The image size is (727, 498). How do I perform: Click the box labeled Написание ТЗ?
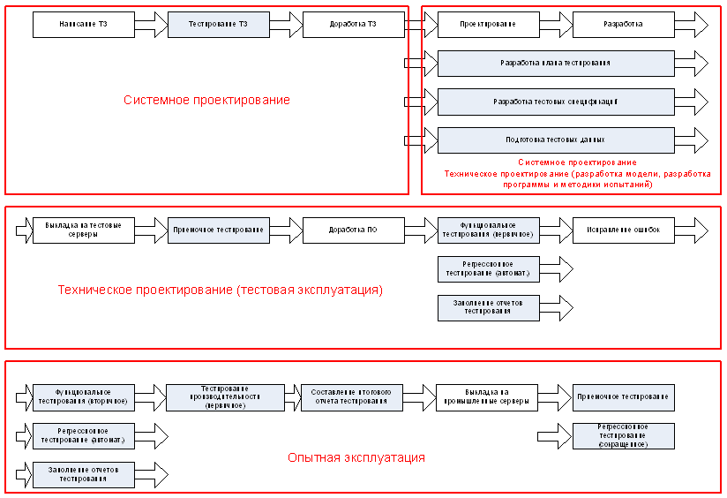click(84, 25)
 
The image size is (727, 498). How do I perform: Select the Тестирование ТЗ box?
click(218, 25)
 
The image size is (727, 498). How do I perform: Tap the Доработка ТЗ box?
click(353, 25)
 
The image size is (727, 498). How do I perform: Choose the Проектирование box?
click(488, 25)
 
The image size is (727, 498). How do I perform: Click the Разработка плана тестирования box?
click(555, 64)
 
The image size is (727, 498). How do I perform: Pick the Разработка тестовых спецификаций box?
click(555, 102)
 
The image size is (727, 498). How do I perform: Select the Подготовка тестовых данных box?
click(555, 140)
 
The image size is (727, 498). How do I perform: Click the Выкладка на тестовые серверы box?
click(84, 230)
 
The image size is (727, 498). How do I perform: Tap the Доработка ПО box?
click(353, 230)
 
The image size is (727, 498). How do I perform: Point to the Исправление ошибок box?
click(623, 230)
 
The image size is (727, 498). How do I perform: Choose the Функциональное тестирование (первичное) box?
click(488, 230)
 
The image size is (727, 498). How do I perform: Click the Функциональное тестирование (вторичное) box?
click(84, 397)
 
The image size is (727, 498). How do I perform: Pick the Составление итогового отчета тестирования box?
click(353, 397)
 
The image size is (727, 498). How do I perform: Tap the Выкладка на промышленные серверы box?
click(488, 397)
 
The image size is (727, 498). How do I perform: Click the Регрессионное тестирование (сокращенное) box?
click(623, 435)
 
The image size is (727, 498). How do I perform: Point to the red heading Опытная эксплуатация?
click(356, 458)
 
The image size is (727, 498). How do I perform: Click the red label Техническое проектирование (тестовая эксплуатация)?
click(220, 290)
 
